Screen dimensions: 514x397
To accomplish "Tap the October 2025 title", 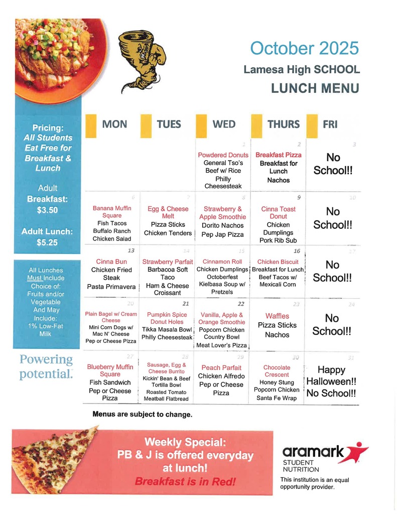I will coord(304,48).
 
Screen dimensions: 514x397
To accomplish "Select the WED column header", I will coord(224,124).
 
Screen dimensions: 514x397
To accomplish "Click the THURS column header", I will coord(283,124).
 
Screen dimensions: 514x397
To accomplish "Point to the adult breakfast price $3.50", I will coord(48,210).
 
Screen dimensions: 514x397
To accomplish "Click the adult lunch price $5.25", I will coord(48,242).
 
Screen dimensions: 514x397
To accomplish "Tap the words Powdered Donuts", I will coord(223,155).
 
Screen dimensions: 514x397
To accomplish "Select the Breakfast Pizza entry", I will coord(279,155).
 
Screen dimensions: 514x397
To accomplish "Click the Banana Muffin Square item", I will coord(111,212).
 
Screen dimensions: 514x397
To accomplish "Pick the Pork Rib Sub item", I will coord(278,240).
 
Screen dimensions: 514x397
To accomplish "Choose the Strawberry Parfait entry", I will coord(168,262).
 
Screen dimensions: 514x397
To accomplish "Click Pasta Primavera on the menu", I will coord(111,287).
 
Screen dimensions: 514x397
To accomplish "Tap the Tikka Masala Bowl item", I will coord(167,329).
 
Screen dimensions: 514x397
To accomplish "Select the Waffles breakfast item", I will coord(277,316).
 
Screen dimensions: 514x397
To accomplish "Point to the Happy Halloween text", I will coord(331,376).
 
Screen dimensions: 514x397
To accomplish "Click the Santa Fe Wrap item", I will coord(277,398).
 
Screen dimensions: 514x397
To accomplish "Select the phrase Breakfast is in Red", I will coord(185,481).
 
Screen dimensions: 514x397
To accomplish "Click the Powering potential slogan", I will coord(46,367).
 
